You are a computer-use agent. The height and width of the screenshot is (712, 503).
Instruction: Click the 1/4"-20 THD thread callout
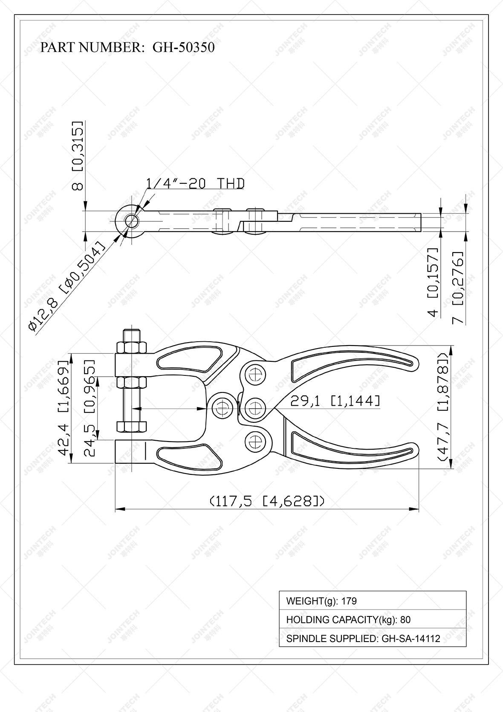click(195, 183)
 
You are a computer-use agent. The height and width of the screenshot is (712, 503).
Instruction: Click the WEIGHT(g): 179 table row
click(372, 601)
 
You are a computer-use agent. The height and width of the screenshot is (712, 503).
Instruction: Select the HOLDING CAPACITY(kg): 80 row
click(372, 619)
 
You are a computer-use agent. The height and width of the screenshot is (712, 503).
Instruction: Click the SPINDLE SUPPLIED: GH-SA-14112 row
click(372, 638)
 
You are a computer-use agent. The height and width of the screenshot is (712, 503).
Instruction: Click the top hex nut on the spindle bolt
click(132, 346)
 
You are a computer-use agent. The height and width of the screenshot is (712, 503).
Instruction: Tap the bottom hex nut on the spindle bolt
click(132, 426)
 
